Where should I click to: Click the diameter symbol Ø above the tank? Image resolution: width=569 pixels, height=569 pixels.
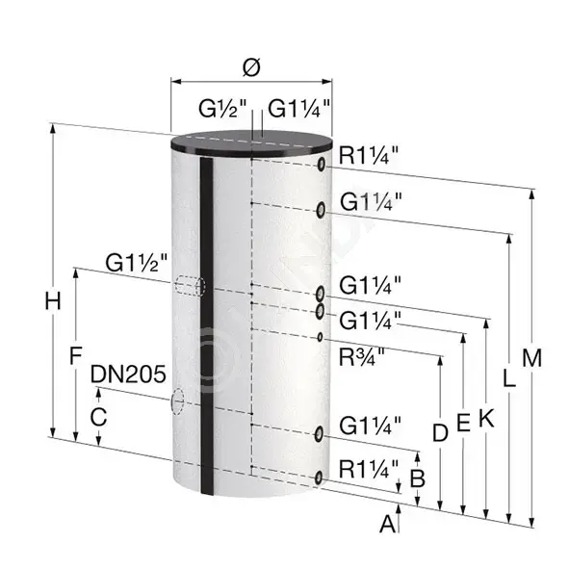(x=251, y=68)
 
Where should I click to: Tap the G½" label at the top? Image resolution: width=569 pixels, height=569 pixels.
(x=222, y=108)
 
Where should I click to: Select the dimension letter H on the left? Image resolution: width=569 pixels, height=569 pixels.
(x=53, y=301)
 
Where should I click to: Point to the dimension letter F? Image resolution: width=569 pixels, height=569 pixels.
(x=75, y=355)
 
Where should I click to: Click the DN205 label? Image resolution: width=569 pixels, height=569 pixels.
(x=128, y=374)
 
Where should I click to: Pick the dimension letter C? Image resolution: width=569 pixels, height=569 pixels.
(x=98, y=417)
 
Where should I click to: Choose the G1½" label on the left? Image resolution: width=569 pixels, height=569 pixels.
(x=137, y=263)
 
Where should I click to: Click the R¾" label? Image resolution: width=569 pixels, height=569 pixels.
(x=361, y=357)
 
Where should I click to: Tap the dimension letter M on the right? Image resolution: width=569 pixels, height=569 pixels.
(x=531, y=358)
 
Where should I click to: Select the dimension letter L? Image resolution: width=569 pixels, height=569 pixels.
(x=508, y=377)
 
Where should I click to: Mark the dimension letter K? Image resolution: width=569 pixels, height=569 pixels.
(x=486, y=418)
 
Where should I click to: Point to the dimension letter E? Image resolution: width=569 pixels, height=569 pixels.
(x=463, y=423)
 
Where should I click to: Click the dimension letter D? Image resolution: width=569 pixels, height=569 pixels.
(x=440, y=432)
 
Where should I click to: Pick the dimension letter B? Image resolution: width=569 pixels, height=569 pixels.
(x=417, y=478)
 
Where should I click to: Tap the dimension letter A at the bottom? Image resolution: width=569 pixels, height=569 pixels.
(x=388, y=524)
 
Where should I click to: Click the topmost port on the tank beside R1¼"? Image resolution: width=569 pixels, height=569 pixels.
(x=322, y=164)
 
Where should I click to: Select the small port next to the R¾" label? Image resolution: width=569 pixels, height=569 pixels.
(x=320, y=337)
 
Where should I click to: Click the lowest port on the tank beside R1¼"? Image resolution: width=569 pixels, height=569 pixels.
(x=319, y=478)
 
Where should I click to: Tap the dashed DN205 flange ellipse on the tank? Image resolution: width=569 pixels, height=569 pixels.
(x=177, y=401)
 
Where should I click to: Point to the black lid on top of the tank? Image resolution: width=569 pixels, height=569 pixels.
(x=251, y=142)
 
